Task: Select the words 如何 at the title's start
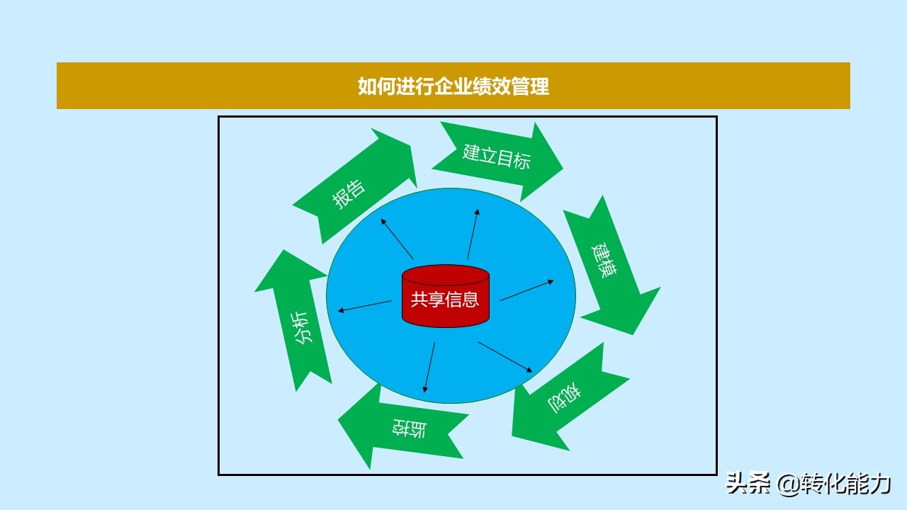[376, 86]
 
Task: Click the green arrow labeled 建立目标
[497, 161]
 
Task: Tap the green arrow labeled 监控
[403, 429]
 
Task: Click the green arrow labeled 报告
[356, 186]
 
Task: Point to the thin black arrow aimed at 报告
[397, 239]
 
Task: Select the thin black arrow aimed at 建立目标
[473, 234]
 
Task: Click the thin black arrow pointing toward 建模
[526, 290]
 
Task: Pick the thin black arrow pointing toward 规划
[505, 357]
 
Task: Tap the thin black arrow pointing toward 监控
[429, 367]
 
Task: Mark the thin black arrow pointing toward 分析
[364, 306]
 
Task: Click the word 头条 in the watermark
[748, 483]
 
